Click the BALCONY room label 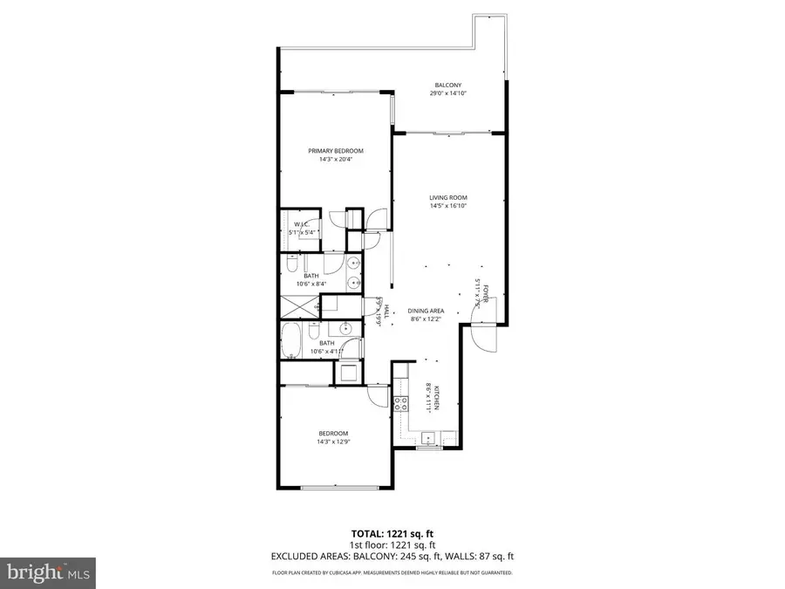click(447, 86)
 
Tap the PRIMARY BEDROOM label click(335, 151)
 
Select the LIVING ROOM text click(448, 198)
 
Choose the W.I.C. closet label click(302, 224)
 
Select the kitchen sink click(427, 438)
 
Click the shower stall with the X click(299, 307)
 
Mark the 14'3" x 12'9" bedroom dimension click(333, 442)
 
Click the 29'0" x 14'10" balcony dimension click(447, 93)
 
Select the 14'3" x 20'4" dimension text click(335, 159)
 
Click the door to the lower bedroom click(378, 394)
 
